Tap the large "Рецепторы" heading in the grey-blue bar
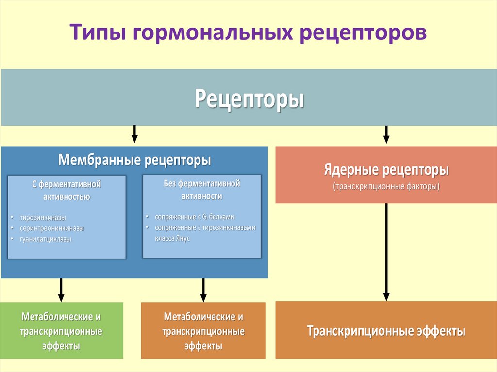pos(249,98)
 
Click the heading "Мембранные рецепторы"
pos(134,160)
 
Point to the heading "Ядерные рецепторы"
pos(386,171)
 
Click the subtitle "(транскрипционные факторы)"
pos(386,187)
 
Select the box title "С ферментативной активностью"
pos(66,191)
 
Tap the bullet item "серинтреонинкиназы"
pos(52,228)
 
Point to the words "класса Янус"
pos(172,239)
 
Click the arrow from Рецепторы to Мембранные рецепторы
pos(134,134)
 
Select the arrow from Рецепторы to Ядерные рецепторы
pos(386,134)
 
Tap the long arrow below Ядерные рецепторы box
pos(386,251)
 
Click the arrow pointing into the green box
pos(61,290)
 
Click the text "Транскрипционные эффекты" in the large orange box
pos(386,331)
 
